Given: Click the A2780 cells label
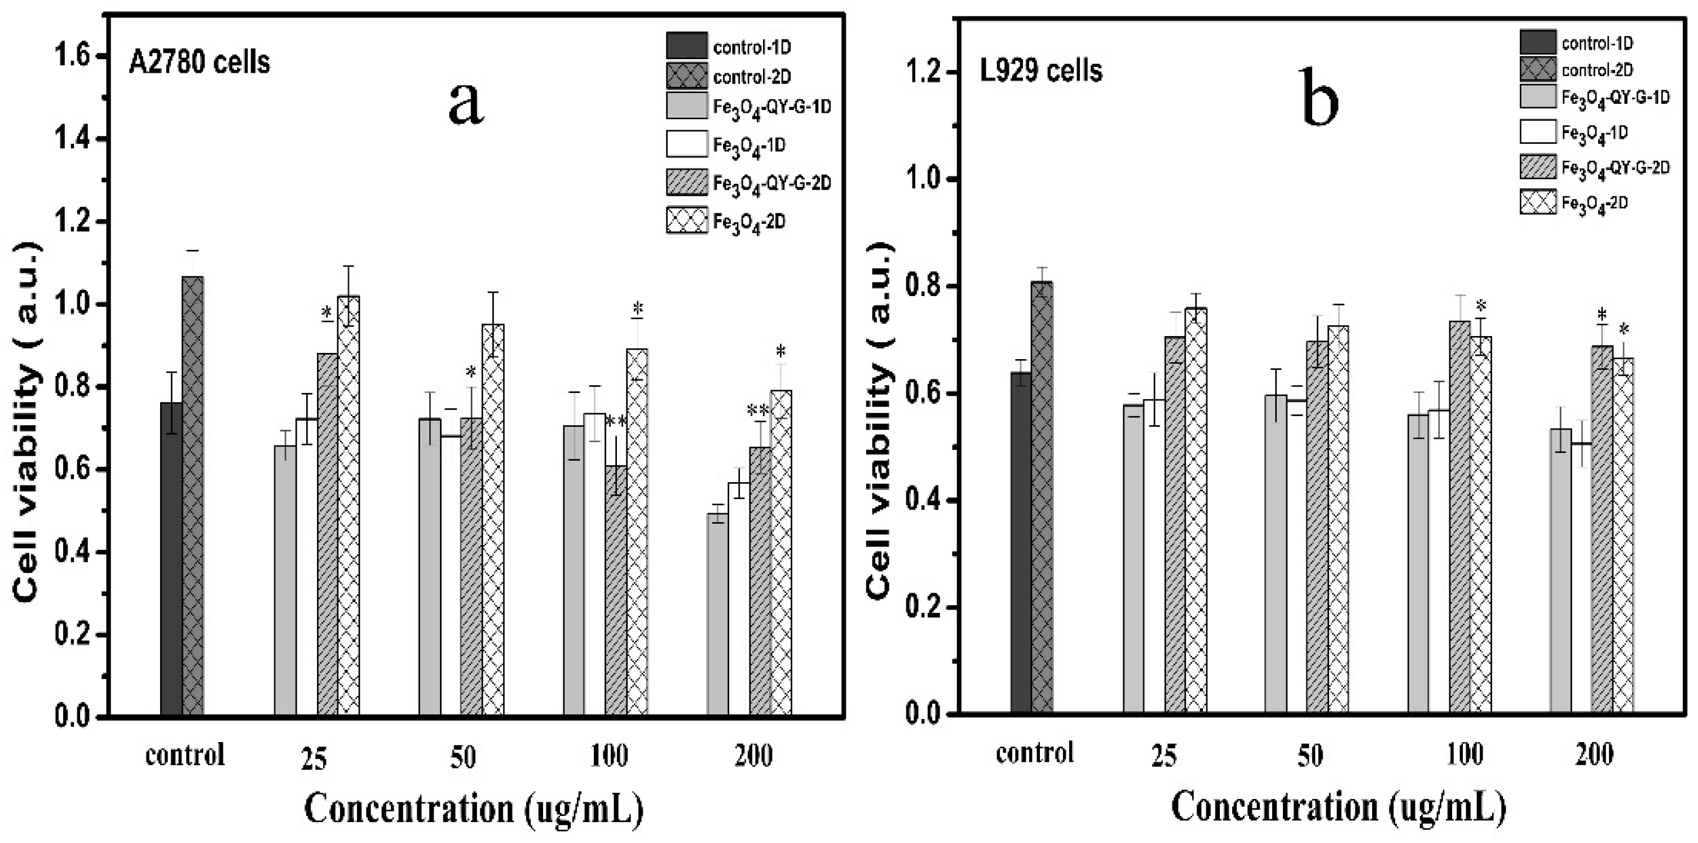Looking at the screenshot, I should pyautogui.click(x=199, y=63).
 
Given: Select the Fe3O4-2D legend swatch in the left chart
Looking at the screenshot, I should pyautogui.click(x=687, y=221).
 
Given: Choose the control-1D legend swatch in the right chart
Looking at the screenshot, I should pyautogui.click(x=1538, y=42).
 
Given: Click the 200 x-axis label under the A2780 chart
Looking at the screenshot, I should pyautogui.click(x=753, y=756).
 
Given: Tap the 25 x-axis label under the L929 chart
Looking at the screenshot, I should pyautogui.click(x=1163, y=756).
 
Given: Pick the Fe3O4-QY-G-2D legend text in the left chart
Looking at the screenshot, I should pyautogui.click(x=772, y=183).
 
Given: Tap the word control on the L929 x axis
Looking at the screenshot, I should pyautogui.click(x=1034, y=753).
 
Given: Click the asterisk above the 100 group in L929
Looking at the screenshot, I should pyautogui.click(x=1481, y=306).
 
